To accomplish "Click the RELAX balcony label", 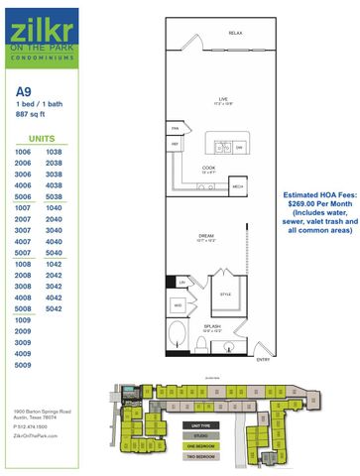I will (x=235, y=34).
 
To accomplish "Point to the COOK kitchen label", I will (x=208, y=169).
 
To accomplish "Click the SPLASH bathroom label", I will (x=212, y=328).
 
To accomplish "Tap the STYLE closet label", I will (x=224, y=295).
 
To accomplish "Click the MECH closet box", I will (x=237, y=185).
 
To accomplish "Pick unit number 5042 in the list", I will (x=54, y=308).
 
